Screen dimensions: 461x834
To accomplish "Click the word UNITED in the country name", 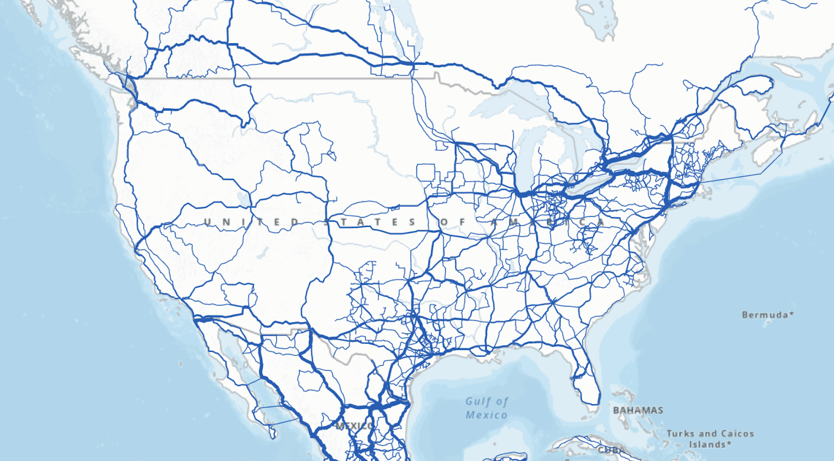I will coord(251,222).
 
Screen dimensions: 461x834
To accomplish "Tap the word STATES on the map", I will coord(371,222).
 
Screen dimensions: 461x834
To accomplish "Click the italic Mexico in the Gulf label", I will coord(486,415).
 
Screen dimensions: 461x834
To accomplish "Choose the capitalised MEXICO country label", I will coord(354,426).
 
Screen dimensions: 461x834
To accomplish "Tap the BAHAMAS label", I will coord(638,410).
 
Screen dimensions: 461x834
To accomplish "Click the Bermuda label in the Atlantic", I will coord(765,315).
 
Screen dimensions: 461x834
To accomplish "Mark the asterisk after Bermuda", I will coord(792,314).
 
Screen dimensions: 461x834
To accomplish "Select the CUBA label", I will coord(611,450).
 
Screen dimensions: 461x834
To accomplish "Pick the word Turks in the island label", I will coord(680,433).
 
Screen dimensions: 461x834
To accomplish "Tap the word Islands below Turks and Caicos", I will coord(707,444).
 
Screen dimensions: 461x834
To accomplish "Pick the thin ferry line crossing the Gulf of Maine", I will coord(740,175).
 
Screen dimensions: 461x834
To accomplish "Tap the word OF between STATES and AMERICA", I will coord(451,222).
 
